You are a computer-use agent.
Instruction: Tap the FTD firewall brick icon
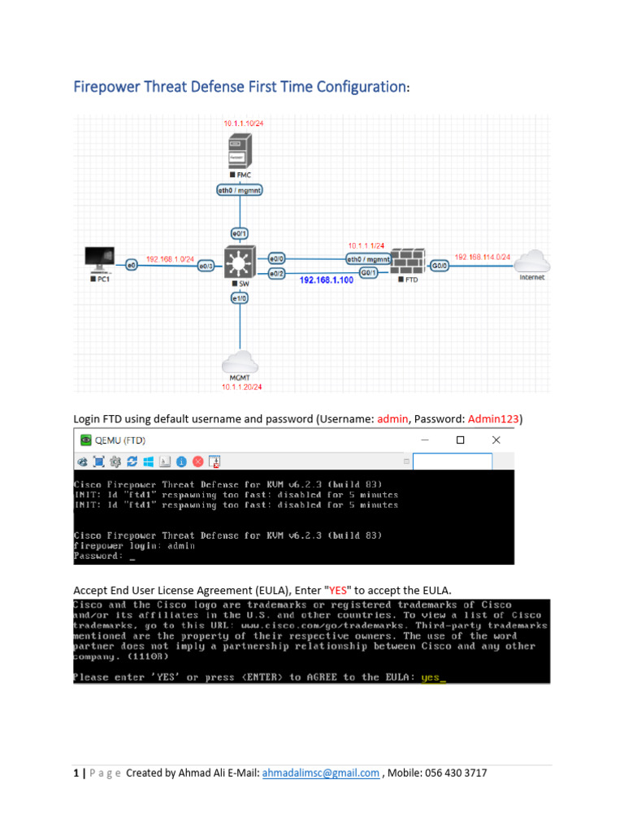[x=406, y=262]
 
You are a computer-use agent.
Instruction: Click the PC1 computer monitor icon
[x=100, y=259]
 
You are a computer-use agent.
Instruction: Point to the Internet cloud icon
[x=533, y=262]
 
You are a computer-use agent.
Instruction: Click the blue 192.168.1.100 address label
[x=327, y=279]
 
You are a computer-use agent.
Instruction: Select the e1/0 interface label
[x=239, y=298]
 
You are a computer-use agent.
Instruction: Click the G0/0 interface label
[x=439, y=266]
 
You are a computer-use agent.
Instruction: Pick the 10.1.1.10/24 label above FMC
[x=242, y=123]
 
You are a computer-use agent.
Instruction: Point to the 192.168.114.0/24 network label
[x=482, y=257]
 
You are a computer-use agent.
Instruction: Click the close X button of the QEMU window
[x=496, y=440]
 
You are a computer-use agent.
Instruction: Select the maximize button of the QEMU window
[x=460, y=440]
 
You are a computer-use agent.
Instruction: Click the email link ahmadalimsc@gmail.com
[x=321, y=773]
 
